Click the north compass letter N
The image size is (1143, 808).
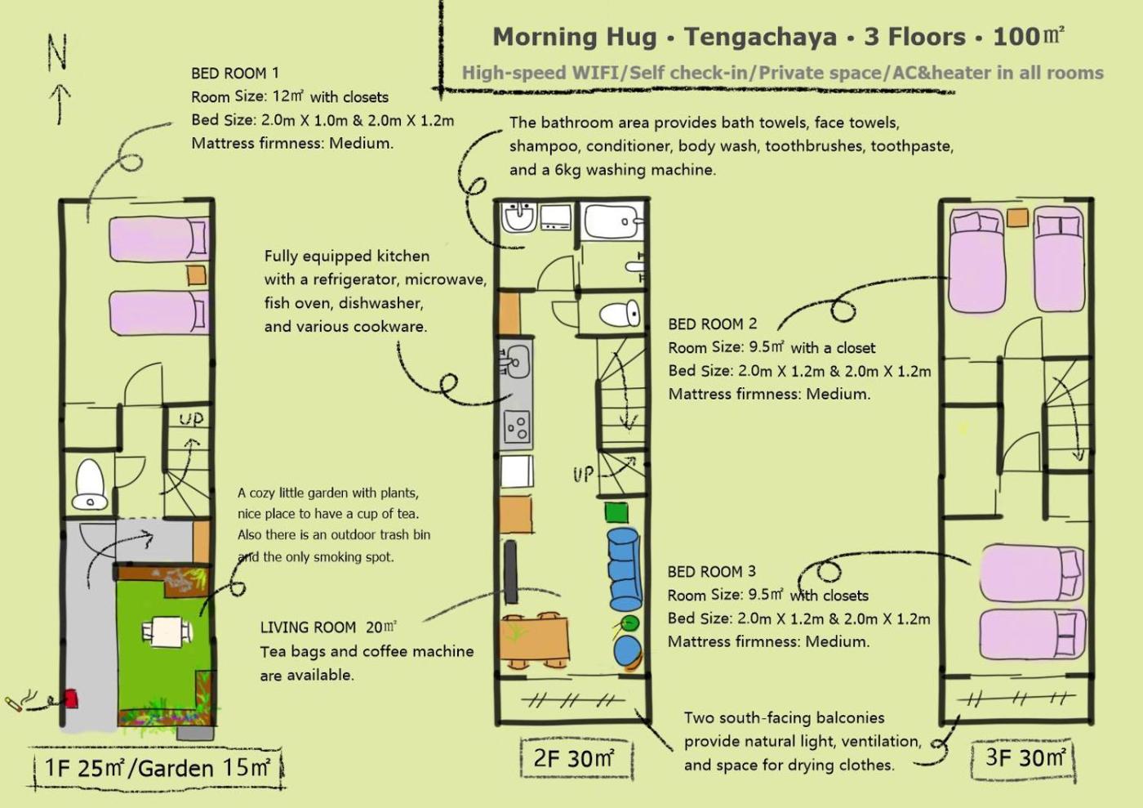coord(57,51)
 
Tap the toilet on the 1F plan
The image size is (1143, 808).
coord(90,484)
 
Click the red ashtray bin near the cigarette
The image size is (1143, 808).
coord(71,699)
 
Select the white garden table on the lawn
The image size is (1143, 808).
coord(167,632)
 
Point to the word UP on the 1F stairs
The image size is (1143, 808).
coord(191,419)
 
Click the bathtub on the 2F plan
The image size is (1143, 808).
coord(613,221)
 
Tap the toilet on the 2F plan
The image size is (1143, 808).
coord(620,313)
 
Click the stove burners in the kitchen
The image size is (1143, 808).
coord(517,427)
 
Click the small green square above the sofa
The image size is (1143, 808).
coord(616,512)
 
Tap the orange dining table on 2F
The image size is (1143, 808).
coord(534,638)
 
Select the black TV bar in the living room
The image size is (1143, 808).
coord(510,572)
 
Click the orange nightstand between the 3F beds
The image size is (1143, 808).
coord(1017,217)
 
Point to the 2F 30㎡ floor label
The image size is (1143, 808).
coord(574,758)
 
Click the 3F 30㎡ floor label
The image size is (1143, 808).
coord(1025,757)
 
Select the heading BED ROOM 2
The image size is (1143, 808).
coord(712,324)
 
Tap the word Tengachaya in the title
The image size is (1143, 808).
coord(760,38)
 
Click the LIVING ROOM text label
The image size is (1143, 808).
coord(309,627)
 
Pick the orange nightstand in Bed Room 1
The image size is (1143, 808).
coord(197,275)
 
